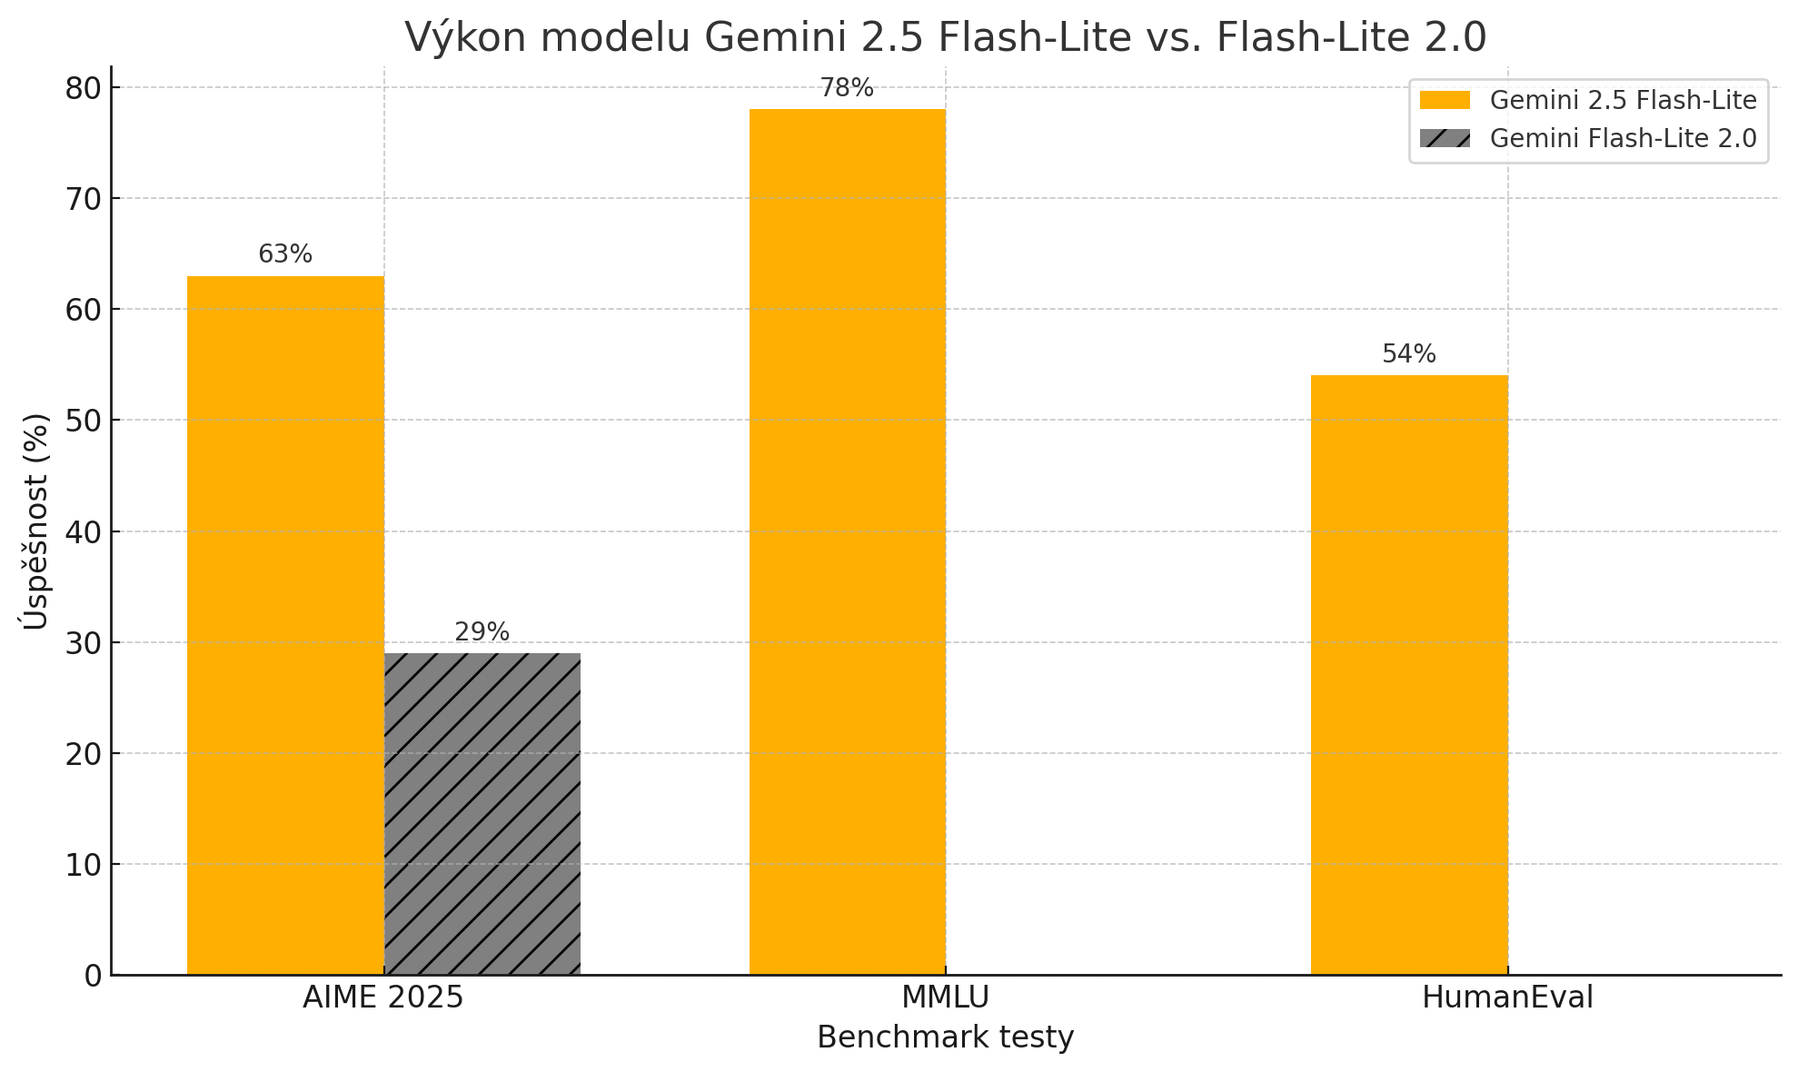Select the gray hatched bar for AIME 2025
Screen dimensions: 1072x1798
[482, 814]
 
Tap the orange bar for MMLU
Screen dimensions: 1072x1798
[847, 541]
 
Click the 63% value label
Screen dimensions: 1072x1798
[285, 254]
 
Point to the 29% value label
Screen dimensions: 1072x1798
[482, 632]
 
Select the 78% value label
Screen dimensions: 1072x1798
[847, 88]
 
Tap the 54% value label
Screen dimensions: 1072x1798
[1409, 354]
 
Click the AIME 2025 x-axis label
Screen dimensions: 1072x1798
[383, 998]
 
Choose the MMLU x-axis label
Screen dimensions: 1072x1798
[945, 998]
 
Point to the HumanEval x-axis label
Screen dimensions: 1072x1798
[1507, 998]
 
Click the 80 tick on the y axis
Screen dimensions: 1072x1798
[84, 88]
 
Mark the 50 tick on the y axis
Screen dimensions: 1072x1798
[84, 421]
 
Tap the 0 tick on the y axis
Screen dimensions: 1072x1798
[94, 976]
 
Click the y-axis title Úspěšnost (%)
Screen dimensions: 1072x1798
[35, 521]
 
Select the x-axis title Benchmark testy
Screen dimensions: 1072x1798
[945, 1037]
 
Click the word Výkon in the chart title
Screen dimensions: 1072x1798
[456, 38]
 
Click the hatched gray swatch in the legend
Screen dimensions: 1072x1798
[1445, 138]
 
